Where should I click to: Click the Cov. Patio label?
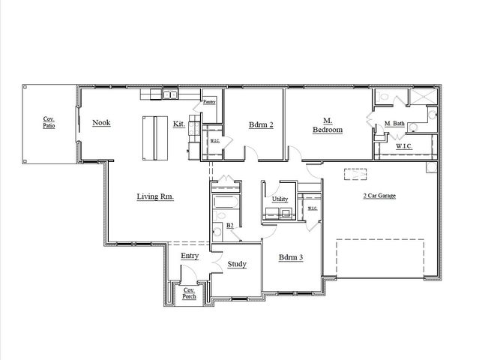49,122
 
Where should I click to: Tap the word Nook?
101,122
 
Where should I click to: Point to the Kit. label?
179,124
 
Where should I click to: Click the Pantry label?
210,101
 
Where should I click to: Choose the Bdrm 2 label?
261,125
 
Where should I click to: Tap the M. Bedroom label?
328,125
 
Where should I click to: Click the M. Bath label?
394,124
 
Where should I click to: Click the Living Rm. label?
155,196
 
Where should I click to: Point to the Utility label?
280,199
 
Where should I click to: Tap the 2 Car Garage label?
379,196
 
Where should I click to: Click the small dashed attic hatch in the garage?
355,175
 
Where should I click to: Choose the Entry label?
190,256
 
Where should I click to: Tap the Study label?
237,264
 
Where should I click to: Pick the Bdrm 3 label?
290,257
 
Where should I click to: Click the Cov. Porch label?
190,293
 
